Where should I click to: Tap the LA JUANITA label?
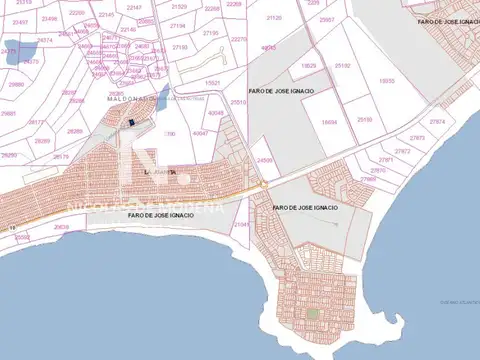[160, 172]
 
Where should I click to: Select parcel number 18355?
[387, 81]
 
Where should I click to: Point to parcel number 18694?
[330, 121]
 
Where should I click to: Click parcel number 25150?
[365, 120]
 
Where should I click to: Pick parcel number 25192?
[343, 66]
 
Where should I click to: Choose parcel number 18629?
[308, 66]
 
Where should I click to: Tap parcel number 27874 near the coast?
[437, 122]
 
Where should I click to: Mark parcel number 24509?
[264, 160]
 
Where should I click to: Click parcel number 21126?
[273, 18]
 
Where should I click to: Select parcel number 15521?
[212, 82]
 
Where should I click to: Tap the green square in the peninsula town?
[313, 312]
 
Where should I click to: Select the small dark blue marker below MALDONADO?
[131, 123]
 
